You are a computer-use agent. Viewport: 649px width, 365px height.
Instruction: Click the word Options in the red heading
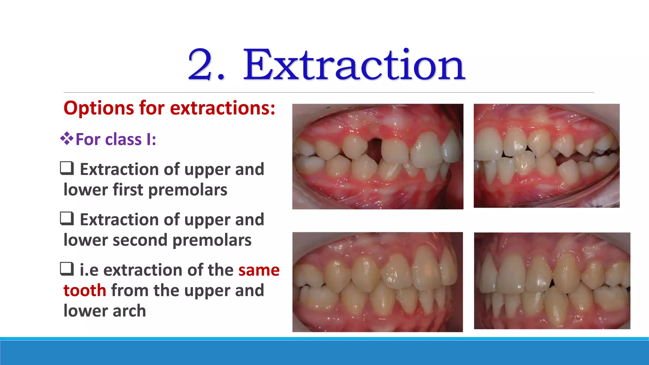98,108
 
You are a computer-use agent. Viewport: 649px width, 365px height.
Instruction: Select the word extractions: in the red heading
222,108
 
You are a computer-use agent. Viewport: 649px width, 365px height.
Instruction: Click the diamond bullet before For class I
67,138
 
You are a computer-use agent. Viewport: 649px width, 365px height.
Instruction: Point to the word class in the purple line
123,139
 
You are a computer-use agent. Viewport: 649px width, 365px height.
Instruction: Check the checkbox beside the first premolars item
67,168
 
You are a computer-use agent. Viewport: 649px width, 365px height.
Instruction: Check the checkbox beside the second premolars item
67,219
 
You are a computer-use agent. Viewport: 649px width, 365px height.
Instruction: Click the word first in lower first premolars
128,190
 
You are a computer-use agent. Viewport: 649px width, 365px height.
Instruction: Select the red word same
259,270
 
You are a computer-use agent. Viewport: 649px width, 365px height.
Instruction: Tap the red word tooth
85,291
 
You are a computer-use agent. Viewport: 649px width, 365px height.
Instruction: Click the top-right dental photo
546,156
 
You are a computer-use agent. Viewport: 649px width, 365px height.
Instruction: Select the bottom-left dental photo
377,282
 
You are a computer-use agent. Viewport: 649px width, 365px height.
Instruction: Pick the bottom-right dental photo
552,281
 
